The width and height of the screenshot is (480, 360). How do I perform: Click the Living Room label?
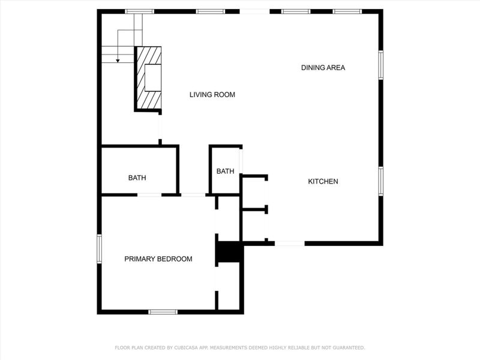click(x=212, y=95)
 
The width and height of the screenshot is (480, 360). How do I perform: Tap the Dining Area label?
click(x=323, y=68)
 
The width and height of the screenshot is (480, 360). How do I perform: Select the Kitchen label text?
click(x=323, y=182)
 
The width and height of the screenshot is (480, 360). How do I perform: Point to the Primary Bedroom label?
click(x=158, y=259)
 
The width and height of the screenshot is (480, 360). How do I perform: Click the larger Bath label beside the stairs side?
click(x=137, y=178)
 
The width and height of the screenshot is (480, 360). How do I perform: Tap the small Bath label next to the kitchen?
click(x=225, y=172)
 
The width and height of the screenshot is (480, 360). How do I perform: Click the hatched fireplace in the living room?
click(x=149, y=78)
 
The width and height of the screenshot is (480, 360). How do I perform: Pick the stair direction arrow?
click(x=118, y=58)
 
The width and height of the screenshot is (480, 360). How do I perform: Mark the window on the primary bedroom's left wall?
click(x=100, y=248)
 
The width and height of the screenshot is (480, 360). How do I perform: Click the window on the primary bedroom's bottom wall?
click(x=163, y=311)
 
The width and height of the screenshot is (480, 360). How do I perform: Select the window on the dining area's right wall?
click(x=380, y=65)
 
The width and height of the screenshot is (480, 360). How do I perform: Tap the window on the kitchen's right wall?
click(x=380, y=181)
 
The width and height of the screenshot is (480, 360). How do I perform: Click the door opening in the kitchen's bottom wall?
click(x=290, y=243)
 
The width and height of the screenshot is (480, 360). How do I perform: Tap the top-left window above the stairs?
click(x=139, y=11)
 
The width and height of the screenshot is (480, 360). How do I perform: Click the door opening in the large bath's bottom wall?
click(x=149, y=194)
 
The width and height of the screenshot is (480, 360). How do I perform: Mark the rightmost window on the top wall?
click(x=347, y=11)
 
